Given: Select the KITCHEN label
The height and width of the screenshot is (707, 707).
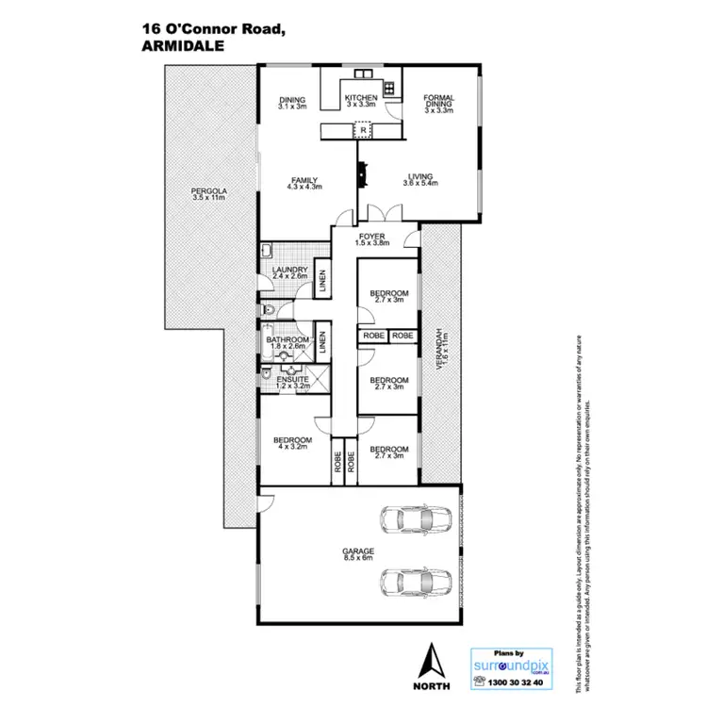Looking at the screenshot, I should pyautogui.click(x=360, y=98).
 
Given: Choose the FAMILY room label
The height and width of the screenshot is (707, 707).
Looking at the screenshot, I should pyautogui.click(x=304, y=180).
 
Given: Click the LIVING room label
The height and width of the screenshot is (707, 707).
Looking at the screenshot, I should pyautogui.click(x=419, y=175).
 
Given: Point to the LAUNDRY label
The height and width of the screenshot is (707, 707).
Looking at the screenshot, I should pyautogui.click(x=288, y=271).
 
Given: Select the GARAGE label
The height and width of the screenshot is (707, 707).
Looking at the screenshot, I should pyautogui.click(x=359, y=551).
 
